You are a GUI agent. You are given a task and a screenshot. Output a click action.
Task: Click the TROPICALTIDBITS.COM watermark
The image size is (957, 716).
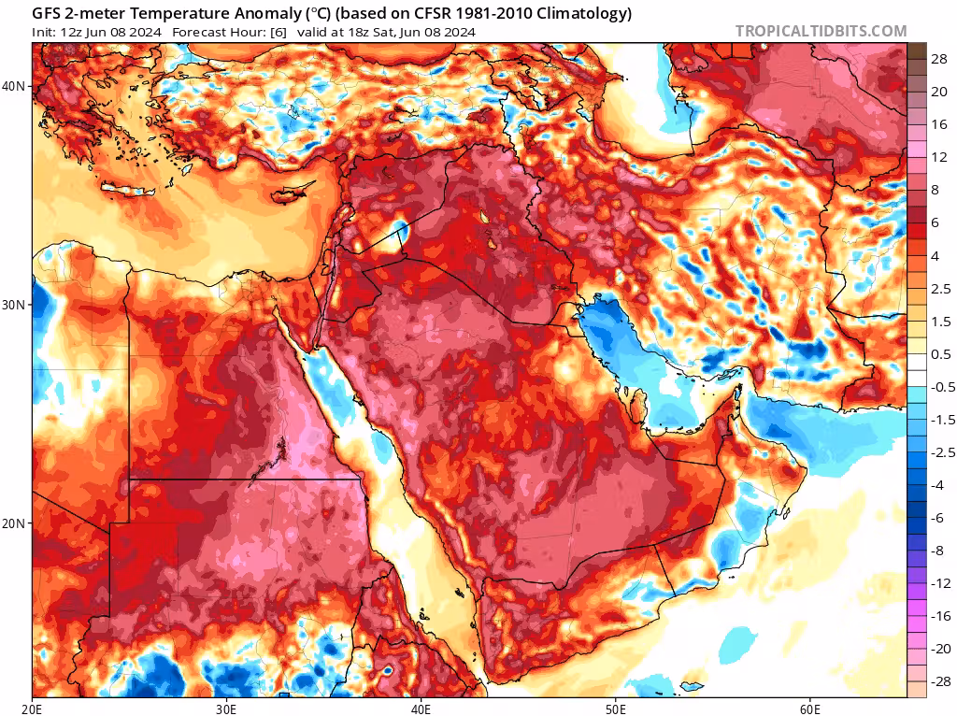click(x=821, y=31)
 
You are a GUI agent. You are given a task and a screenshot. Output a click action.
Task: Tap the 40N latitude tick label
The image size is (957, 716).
click(x=15, y=86)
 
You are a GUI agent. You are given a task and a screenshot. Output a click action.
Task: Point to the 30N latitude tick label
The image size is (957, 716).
click(x=15, y=305)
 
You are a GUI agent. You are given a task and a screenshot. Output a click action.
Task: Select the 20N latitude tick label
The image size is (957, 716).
click(x=15, y=523)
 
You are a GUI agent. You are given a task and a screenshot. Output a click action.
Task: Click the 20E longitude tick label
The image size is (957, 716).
click(x=33, y=708)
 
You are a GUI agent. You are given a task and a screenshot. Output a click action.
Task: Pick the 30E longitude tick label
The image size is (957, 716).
click(x=226, y=708)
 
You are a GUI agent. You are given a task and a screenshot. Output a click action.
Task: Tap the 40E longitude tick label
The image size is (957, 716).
click(x=421, y=708)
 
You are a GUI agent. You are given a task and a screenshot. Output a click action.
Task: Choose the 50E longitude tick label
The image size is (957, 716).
click(x=615, y=708)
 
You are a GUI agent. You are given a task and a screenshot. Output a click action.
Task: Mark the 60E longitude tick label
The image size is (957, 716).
click(x=809, y=708)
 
